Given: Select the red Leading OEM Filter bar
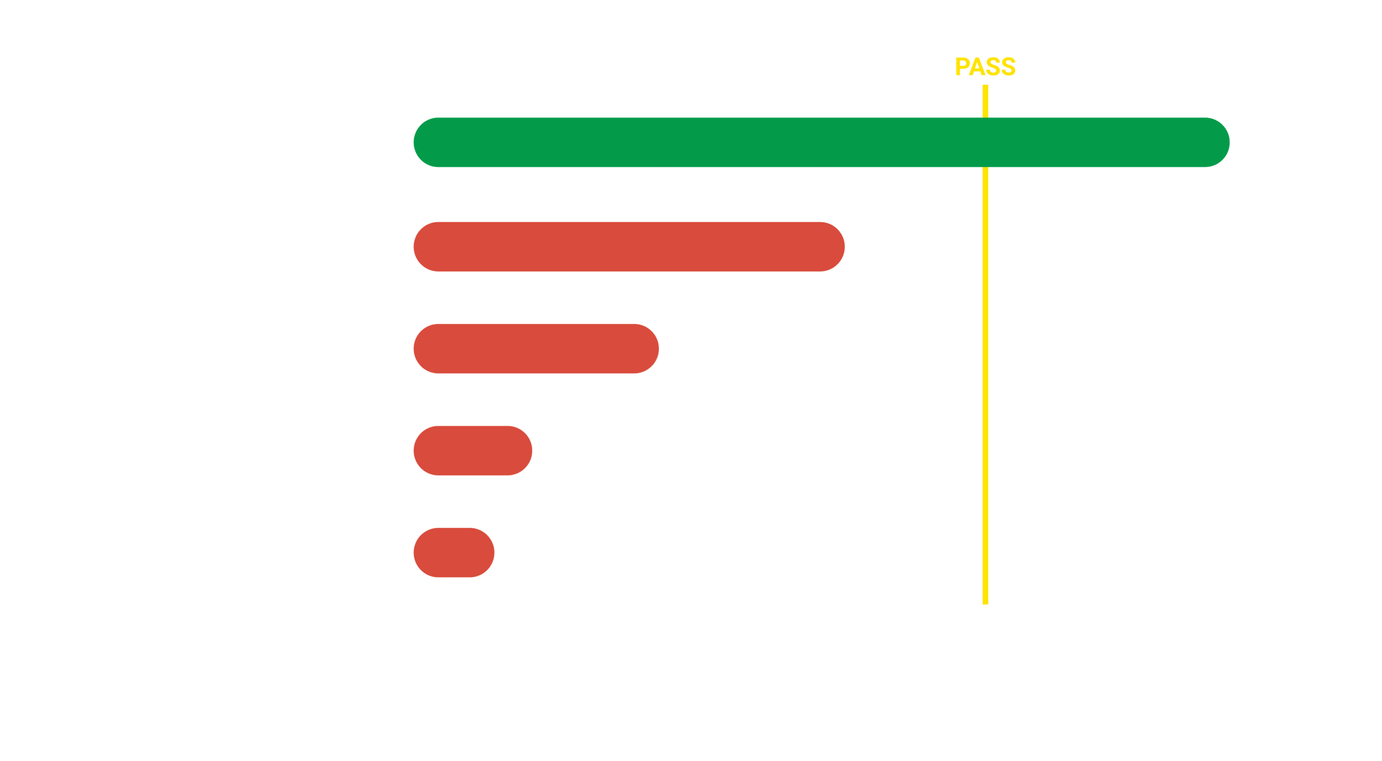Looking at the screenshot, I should [x=629, y=247].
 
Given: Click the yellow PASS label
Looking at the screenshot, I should [x=985, y=67].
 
